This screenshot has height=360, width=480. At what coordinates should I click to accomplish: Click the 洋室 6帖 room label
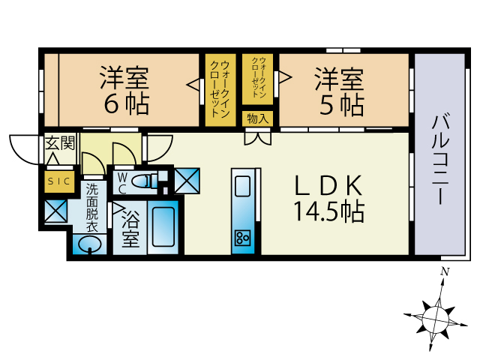124,90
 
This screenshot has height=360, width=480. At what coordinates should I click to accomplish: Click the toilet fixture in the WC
149,179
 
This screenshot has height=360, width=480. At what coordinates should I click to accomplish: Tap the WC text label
121,183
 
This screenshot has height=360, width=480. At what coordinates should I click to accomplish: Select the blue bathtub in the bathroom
163,225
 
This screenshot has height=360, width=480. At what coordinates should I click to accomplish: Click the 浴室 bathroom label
131,229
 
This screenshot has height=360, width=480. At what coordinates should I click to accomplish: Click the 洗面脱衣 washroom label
91,207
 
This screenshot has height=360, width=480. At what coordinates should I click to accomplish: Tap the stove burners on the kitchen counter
243,238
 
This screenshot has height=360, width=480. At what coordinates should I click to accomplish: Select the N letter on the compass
445,271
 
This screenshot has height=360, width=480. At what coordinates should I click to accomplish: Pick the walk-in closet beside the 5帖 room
259,79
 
